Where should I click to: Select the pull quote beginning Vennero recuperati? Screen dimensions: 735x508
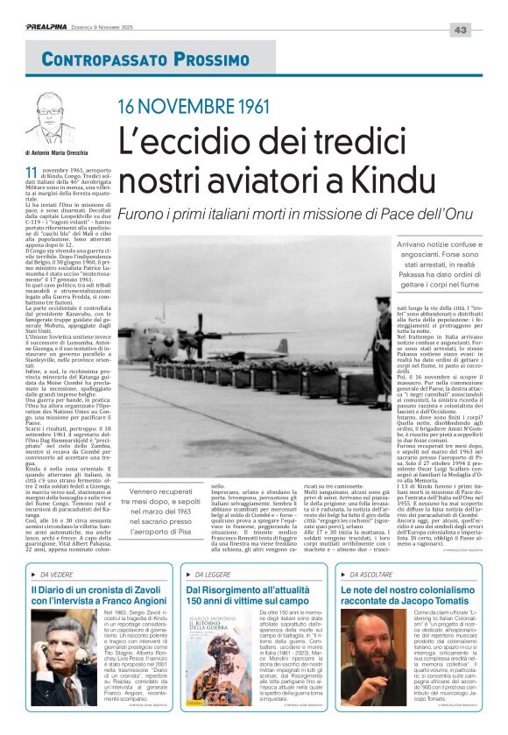click(159, 512)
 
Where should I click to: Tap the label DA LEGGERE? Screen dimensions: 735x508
click(214, 574)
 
